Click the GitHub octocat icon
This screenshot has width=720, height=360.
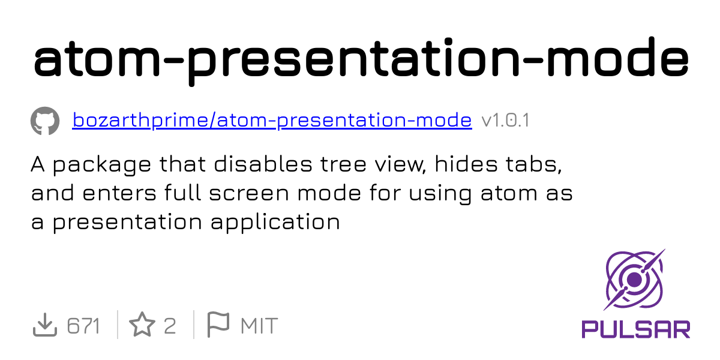click(45, 121)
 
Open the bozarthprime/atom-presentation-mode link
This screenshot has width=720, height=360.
click(272, 121)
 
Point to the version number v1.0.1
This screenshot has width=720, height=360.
click(505, 121)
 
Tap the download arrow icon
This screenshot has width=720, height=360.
click(44, 326)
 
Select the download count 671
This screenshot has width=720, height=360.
click(83, 326)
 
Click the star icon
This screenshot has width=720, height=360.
click(142, 326)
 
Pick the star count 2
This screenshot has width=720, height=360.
click(170, 326)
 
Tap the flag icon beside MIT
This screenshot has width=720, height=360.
click(218, 325)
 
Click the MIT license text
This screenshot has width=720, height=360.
click(259, 326)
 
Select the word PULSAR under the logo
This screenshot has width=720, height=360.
click(636, 329)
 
